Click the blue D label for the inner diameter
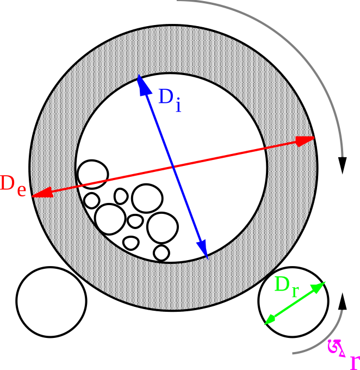[165, 97]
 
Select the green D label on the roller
[282, 284]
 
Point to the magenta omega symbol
[334, 347]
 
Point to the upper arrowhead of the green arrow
[320, 286]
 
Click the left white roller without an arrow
[51, 301]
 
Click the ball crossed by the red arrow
[93, 174]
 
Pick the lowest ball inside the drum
[162, 252]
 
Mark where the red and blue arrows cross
[173, 166]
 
